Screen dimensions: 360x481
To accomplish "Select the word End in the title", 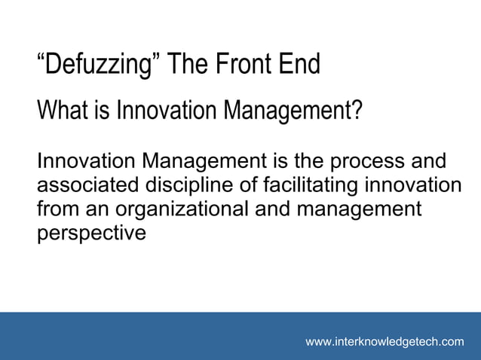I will pos(299,65).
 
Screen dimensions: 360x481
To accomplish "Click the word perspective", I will pos(91,233).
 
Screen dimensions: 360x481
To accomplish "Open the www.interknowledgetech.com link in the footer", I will pos(384,342).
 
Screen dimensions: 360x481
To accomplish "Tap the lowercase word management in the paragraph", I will pos(358,209).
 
